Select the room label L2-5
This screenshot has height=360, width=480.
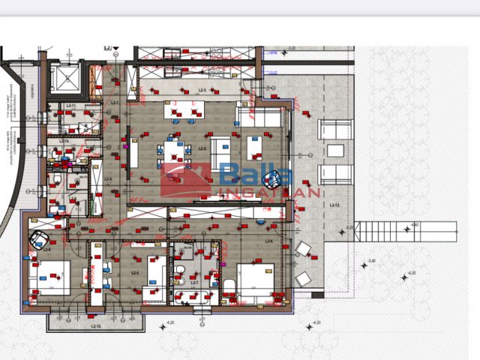click(136, 273)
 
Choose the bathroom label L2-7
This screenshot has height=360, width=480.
click(193, 283)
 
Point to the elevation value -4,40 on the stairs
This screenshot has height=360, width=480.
click(415, 224)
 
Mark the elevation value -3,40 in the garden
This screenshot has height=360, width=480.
click(371, 261)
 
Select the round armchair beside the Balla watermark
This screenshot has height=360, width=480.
click(281, 179)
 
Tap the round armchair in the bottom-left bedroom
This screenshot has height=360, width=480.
click(39, 241)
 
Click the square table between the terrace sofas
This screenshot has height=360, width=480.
click(334, 152)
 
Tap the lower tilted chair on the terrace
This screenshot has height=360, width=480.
click(303, 278)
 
